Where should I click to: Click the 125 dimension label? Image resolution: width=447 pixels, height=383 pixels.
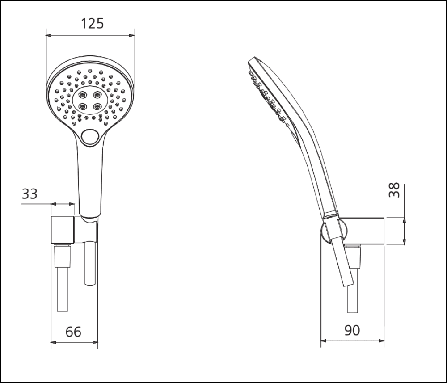click(92, 23)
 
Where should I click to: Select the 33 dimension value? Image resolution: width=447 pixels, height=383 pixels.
click(30, 194)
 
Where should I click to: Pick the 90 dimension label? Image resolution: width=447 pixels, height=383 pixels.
click(352, 330)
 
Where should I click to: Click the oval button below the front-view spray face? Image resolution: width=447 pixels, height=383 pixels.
click(92, 137)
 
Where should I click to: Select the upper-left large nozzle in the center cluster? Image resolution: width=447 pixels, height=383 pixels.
click(83, 95)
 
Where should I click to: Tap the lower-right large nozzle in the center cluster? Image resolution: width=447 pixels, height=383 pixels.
click(97, 106)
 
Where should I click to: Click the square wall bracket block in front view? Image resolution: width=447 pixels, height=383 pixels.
click(62, 231)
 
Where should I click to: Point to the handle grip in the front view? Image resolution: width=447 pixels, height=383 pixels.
click(92, 179)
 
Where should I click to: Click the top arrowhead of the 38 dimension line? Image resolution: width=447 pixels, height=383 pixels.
click(404, 220)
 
